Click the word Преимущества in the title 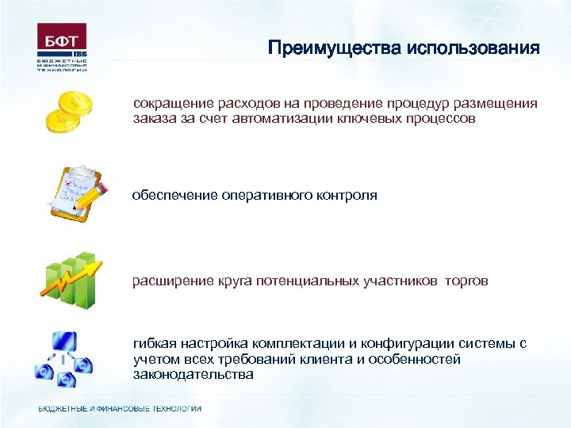[334, 48]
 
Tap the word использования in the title [473, 48]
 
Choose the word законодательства [194, 374]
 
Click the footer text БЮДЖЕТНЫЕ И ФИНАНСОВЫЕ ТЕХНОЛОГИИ [120, 409]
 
